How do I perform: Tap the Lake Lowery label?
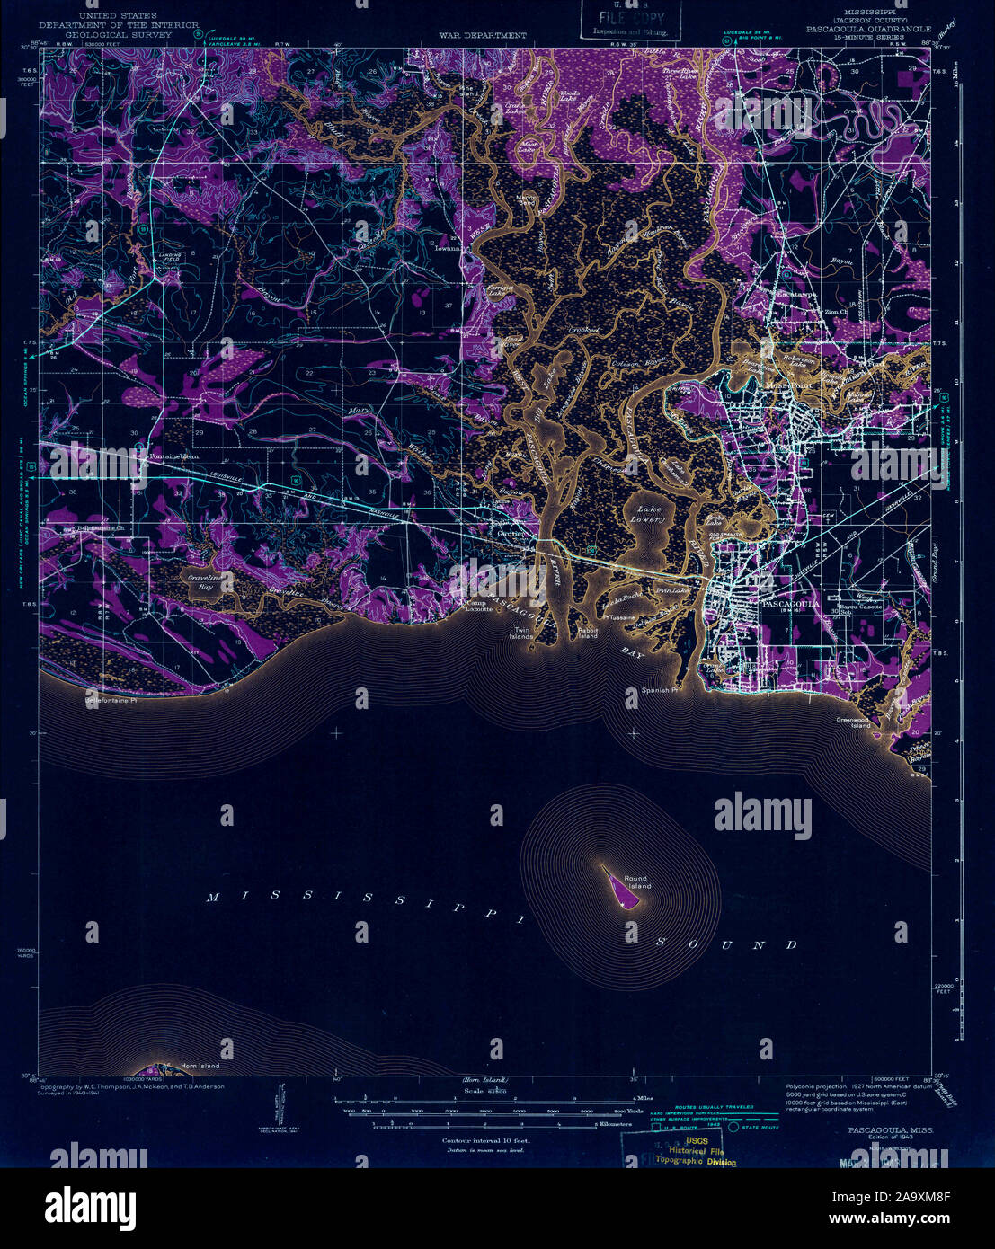(647, 515)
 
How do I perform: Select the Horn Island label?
(200, 1066)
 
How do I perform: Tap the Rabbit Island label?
(588, 633)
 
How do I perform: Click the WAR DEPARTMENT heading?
(483, 35)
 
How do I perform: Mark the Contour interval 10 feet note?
(485, 1139)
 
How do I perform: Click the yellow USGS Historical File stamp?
(702, 1151)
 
